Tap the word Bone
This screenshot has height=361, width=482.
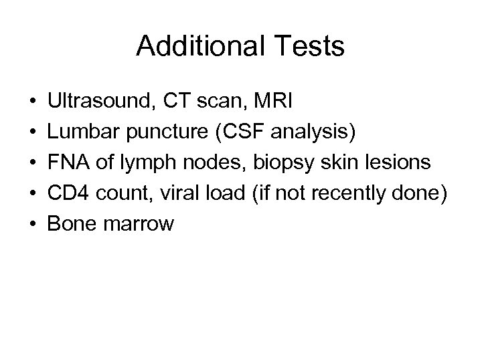74,224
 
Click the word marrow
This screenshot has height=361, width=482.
139,224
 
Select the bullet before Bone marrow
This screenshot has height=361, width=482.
32,225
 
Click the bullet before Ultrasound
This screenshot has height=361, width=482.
32,102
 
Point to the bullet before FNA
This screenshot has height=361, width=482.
32,163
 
